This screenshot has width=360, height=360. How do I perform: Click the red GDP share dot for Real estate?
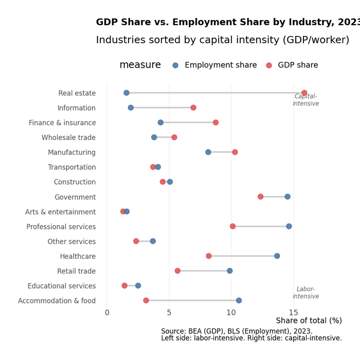pos(304,93)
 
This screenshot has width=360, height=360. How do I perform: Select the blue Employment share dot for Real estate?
pos(127,93)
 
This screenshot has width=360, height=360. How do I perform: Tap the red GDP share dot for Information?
pos(193,108)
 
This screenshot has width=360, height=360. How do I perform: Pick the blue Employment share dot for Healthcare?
pos(277,256)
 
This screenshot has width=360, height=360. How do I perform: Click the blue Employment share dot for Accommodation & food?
pos(239,300)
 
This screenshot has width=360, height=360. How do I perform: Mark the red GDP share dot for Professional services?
pos(232,226)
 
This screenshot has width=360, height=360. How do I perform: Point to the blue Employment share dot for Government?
pos(287,197)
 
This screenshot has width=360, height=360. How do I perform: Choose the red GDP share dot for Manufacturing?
pos(235,152)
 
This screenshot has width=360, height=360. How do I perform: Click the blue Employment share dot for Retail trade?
pos(230,271)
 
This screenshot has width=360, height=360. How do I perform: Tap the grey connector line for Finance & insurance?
pos(188,122)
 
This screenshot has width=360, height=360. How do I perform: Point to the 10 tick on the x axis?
pos(231,313)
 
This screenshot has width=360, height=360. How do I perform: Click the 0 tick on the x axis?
pos(107,313)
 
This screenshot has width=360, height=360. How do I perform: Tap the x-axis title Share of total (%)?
pos(309,321)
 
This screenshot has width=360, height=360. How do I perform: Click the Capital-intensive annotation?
pos(305,100)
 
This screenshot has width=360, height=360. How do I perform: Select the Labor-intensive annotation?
pos(305,293)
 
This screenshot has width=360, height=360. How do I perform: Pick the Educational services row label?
pos(62,286)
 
